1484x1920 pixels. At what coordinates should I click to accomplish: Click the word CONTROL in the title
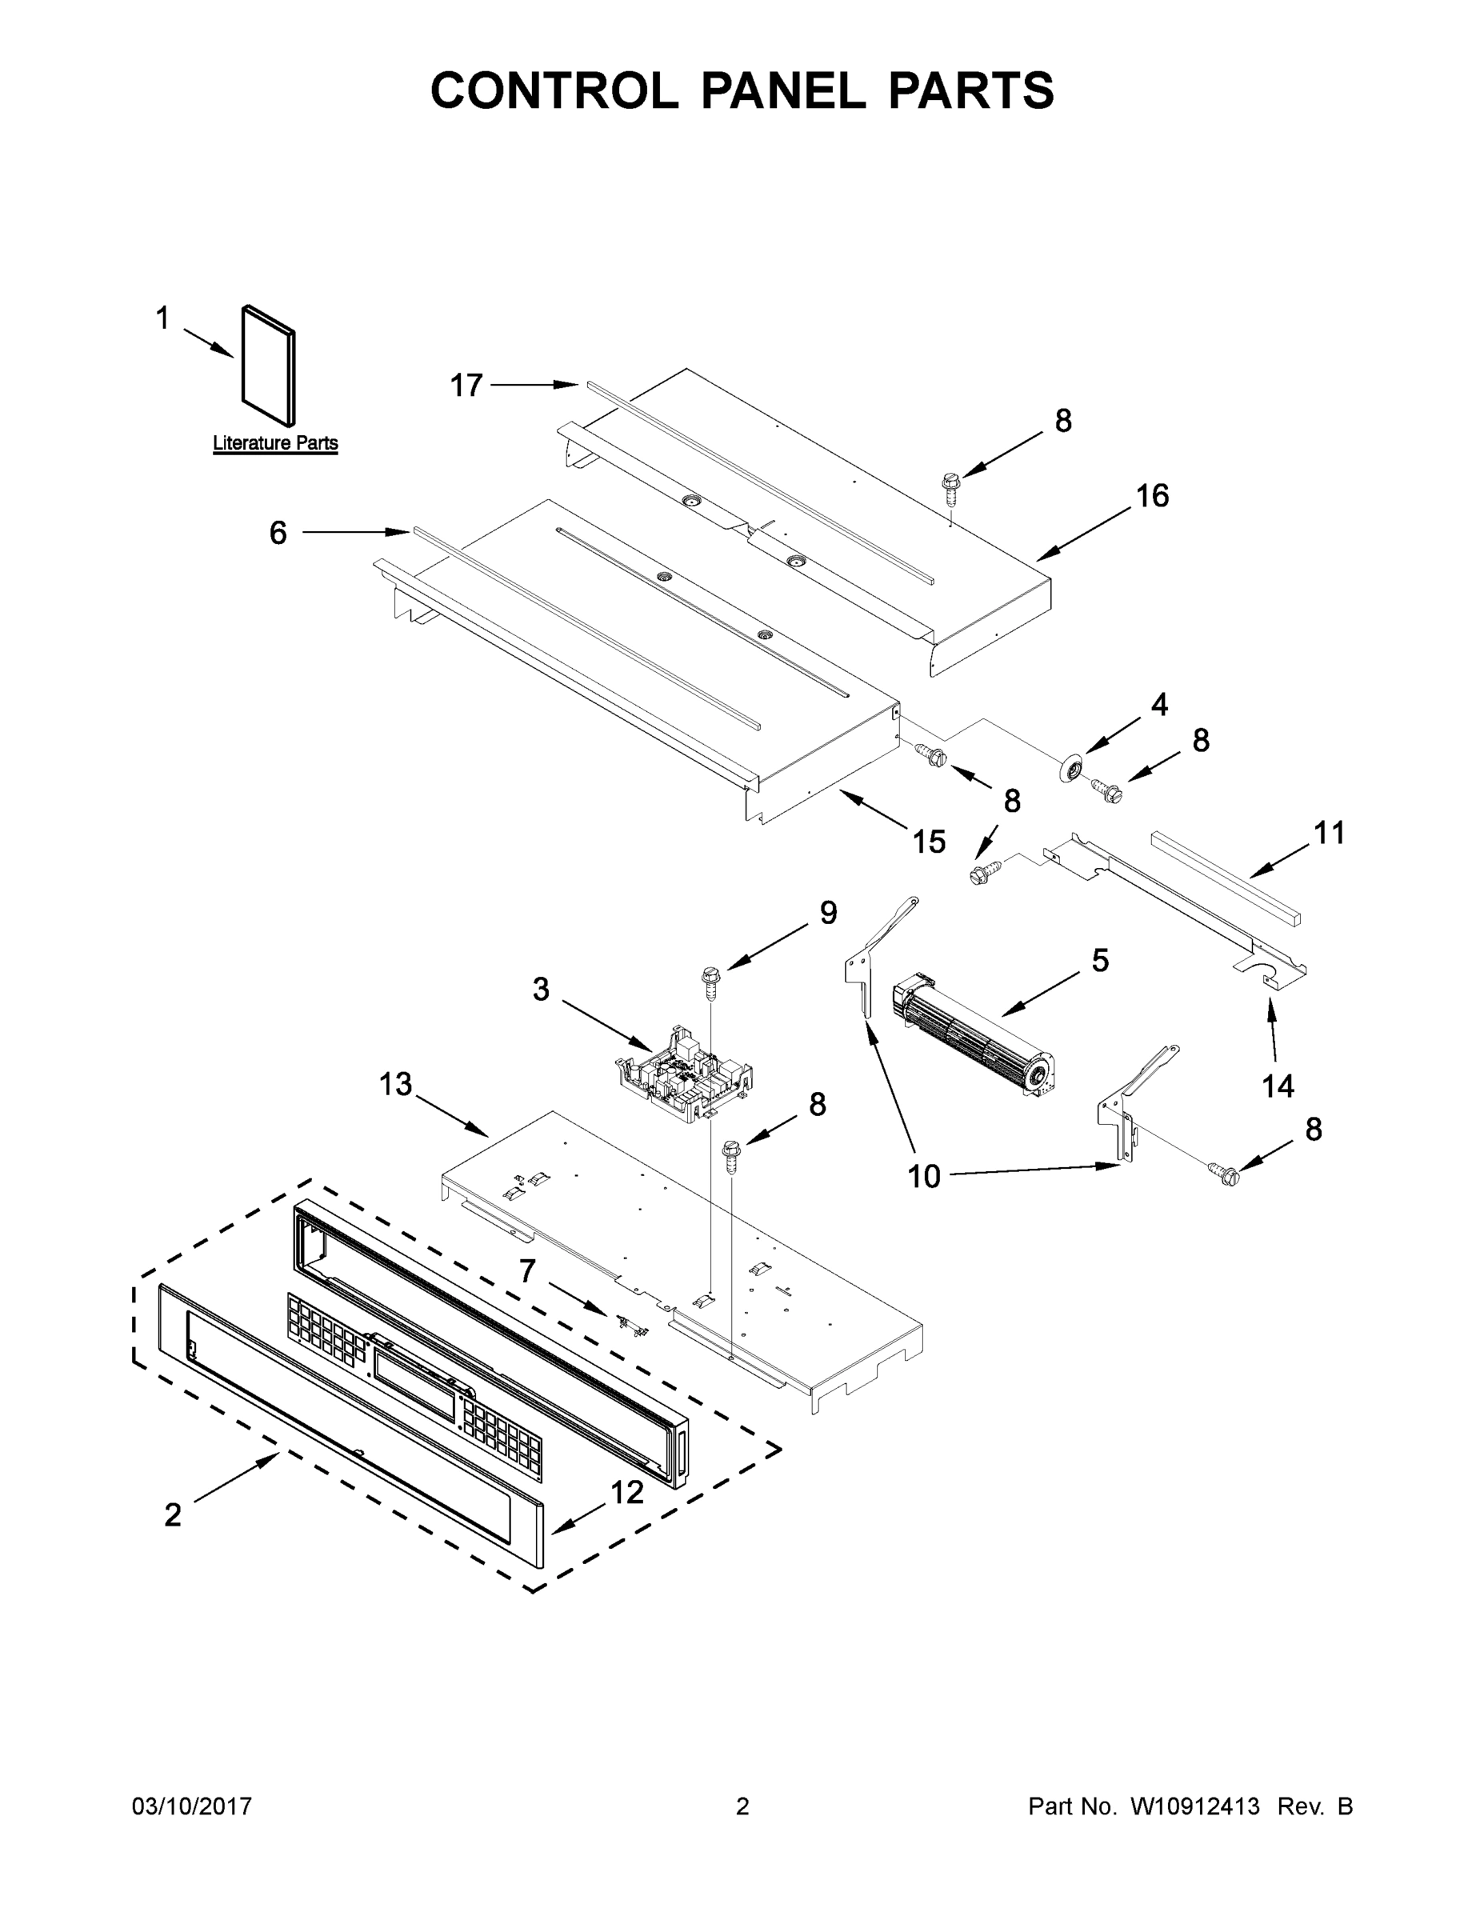click(554, 90)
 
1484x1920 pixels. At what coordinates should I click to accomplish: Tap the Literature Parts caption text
click(275, 443)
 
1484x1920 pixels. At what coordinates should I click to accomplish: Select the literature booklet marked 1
click(268, 366)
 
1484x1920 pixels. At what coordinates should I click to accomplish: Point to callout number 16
click(1152, 496)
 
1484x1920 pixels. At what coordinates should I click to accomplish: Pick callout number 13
click(396, 1085)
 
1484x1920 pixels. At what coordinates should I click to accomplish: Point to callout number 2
click(172, 1514)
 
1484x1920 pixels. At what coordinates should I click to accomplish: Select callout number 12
click(627, 1492)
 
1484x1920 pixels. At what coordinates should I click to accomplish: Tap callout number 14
click(1278, 1086)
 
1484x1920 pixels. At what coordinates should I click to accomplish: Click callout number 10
click(923, 1176)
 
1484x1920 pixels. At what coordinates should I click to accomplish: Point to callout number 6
click(278, 533)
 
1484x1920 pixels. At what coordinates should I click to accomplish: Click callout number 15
click(928, 842)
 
